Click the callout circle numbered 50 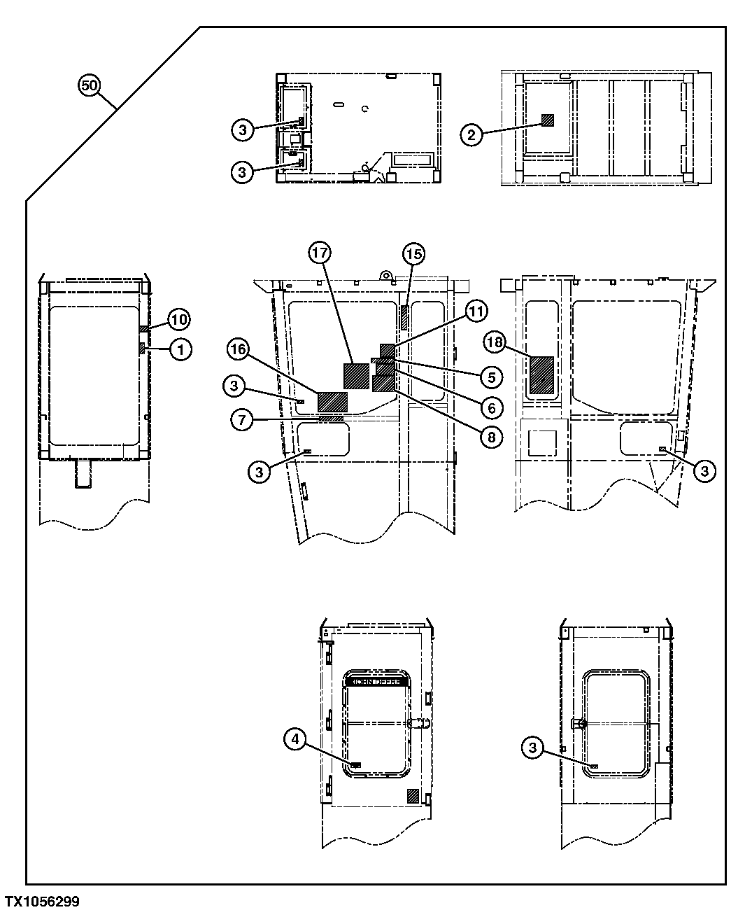(x=89, y=86)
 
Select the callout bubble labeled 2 (x=471, y=135)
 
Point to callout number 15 (x=413, y=254)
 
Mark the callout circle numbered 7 (x=241, y=420)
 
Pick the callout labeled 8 (x=491, y=437)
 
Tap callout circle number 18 (x=496, y=341)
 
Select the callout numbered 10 (x=178, y=320)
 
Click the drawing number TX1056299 (x=41, y=901)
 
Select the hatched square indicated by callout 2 (x=547, y=120)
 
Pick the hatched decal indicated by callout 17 (x=357, y=375)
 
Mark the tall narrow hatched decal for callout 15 (x=404, y=316)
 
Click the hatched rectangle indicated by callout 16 (x=332, y=402)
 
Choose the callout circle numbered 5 (x=491, y=377)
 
